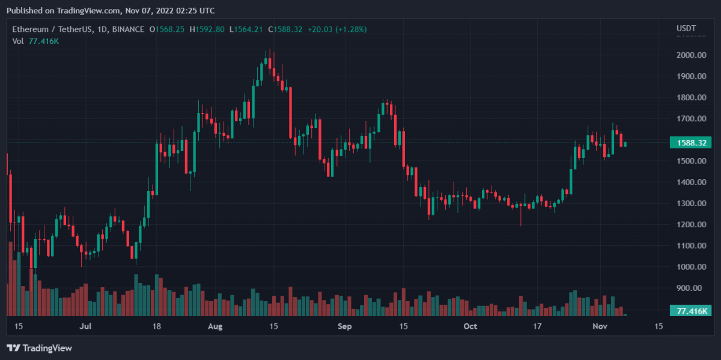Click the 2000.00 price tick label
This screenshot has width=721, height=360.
(690, 55)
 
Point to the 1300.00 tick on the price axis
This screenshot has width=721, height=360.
(690, 203)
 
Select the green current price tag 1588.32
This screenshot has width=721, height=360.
(690, 142)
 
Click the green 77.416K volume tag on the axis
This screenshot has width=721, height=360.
(690, 311)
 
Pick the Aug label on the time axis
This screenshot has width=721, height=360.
(215, 326)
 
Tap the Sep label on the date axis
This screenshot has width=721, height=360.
(344, 326)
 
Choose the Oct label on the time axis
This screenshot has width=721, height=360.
(470, 326)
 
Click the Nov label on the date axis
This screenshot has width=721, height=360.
(601, 326)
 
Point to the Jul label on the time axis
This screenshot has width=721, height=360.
(85, 326)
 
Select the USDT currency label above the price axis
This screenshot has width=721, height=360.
(686, 29)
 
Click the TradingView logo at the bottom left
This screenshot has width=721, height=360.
(39, 348)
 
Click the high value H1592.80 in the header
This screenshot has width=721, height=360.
(207, 29)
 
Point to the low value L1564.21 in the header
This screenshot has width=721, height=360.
(246, 29)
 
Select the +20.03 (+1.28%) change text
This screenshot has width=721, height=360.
(336, 29)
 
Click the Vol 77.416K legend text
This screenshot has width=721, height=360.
(35, 41)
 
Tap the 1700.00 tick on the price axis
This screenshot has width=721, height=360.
(690, 118)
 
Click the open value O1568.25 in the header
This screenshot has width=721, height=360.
(167, 29)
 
